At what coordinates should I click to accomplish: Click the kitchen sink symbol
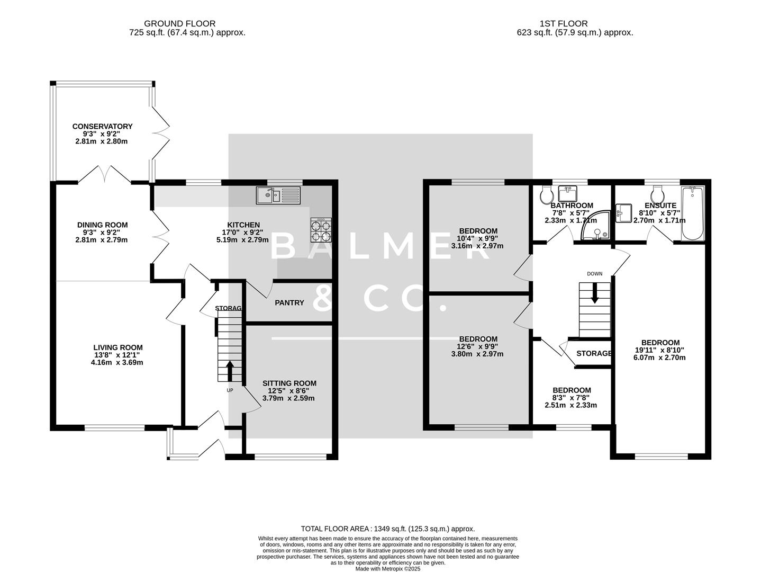278,195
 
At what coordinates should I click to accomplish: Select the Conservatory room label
102,127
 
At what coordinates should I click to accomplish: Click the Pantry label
289,303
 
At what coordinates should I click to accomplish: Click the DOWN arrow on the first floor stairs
595,293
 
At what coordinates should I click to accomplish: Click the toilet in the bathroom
546,196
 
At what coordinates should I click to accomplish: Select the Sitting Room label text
289,383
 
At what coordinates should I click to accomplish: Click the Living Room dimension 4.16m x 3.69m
117,363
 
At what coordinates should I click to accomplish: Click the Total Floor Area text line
387,529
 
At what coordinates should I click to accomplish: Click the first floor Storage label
594,353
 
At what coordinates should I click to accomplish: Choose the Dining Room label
102,225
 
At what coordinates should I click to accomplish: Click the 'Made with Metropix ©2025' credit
387,569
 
